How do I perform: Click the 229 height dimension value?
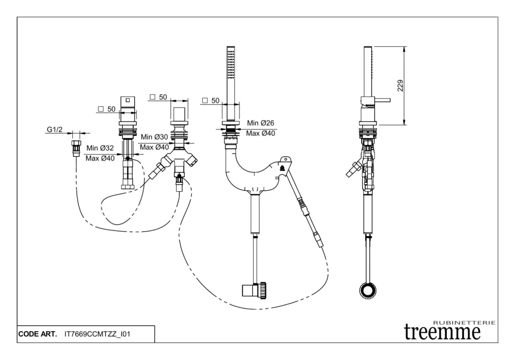(x=400, y=86)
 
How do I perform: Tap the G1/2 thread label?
(x=55, y=130)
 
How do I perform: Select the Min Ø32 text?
(x=100, y=148)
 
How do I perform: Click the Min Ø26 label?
(x=261, y=123)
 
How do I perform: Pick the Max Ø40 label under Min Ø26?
(x=261, y=133)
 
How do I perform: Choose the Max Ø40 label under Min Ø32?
(x=100, y=158)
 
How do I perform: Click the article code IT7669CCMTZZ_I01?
(x=98, y=334)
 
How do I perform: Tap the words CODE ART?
(x=37, y=334)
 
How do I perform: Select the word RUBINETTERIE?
(x=464, y=323)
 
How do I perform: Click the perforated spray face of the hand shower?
(x=230, y=63)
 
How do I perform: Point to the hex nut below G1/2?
(x=77, y=147)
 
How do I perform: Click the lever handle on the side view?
(x=381, y=101)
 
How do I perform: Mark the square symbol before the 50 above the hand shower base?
(x=205, y=101)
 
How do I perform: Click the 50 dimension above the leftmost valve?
(x=111, y=109)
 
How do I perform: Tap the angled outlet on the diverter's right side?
(x=191, y=160)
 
